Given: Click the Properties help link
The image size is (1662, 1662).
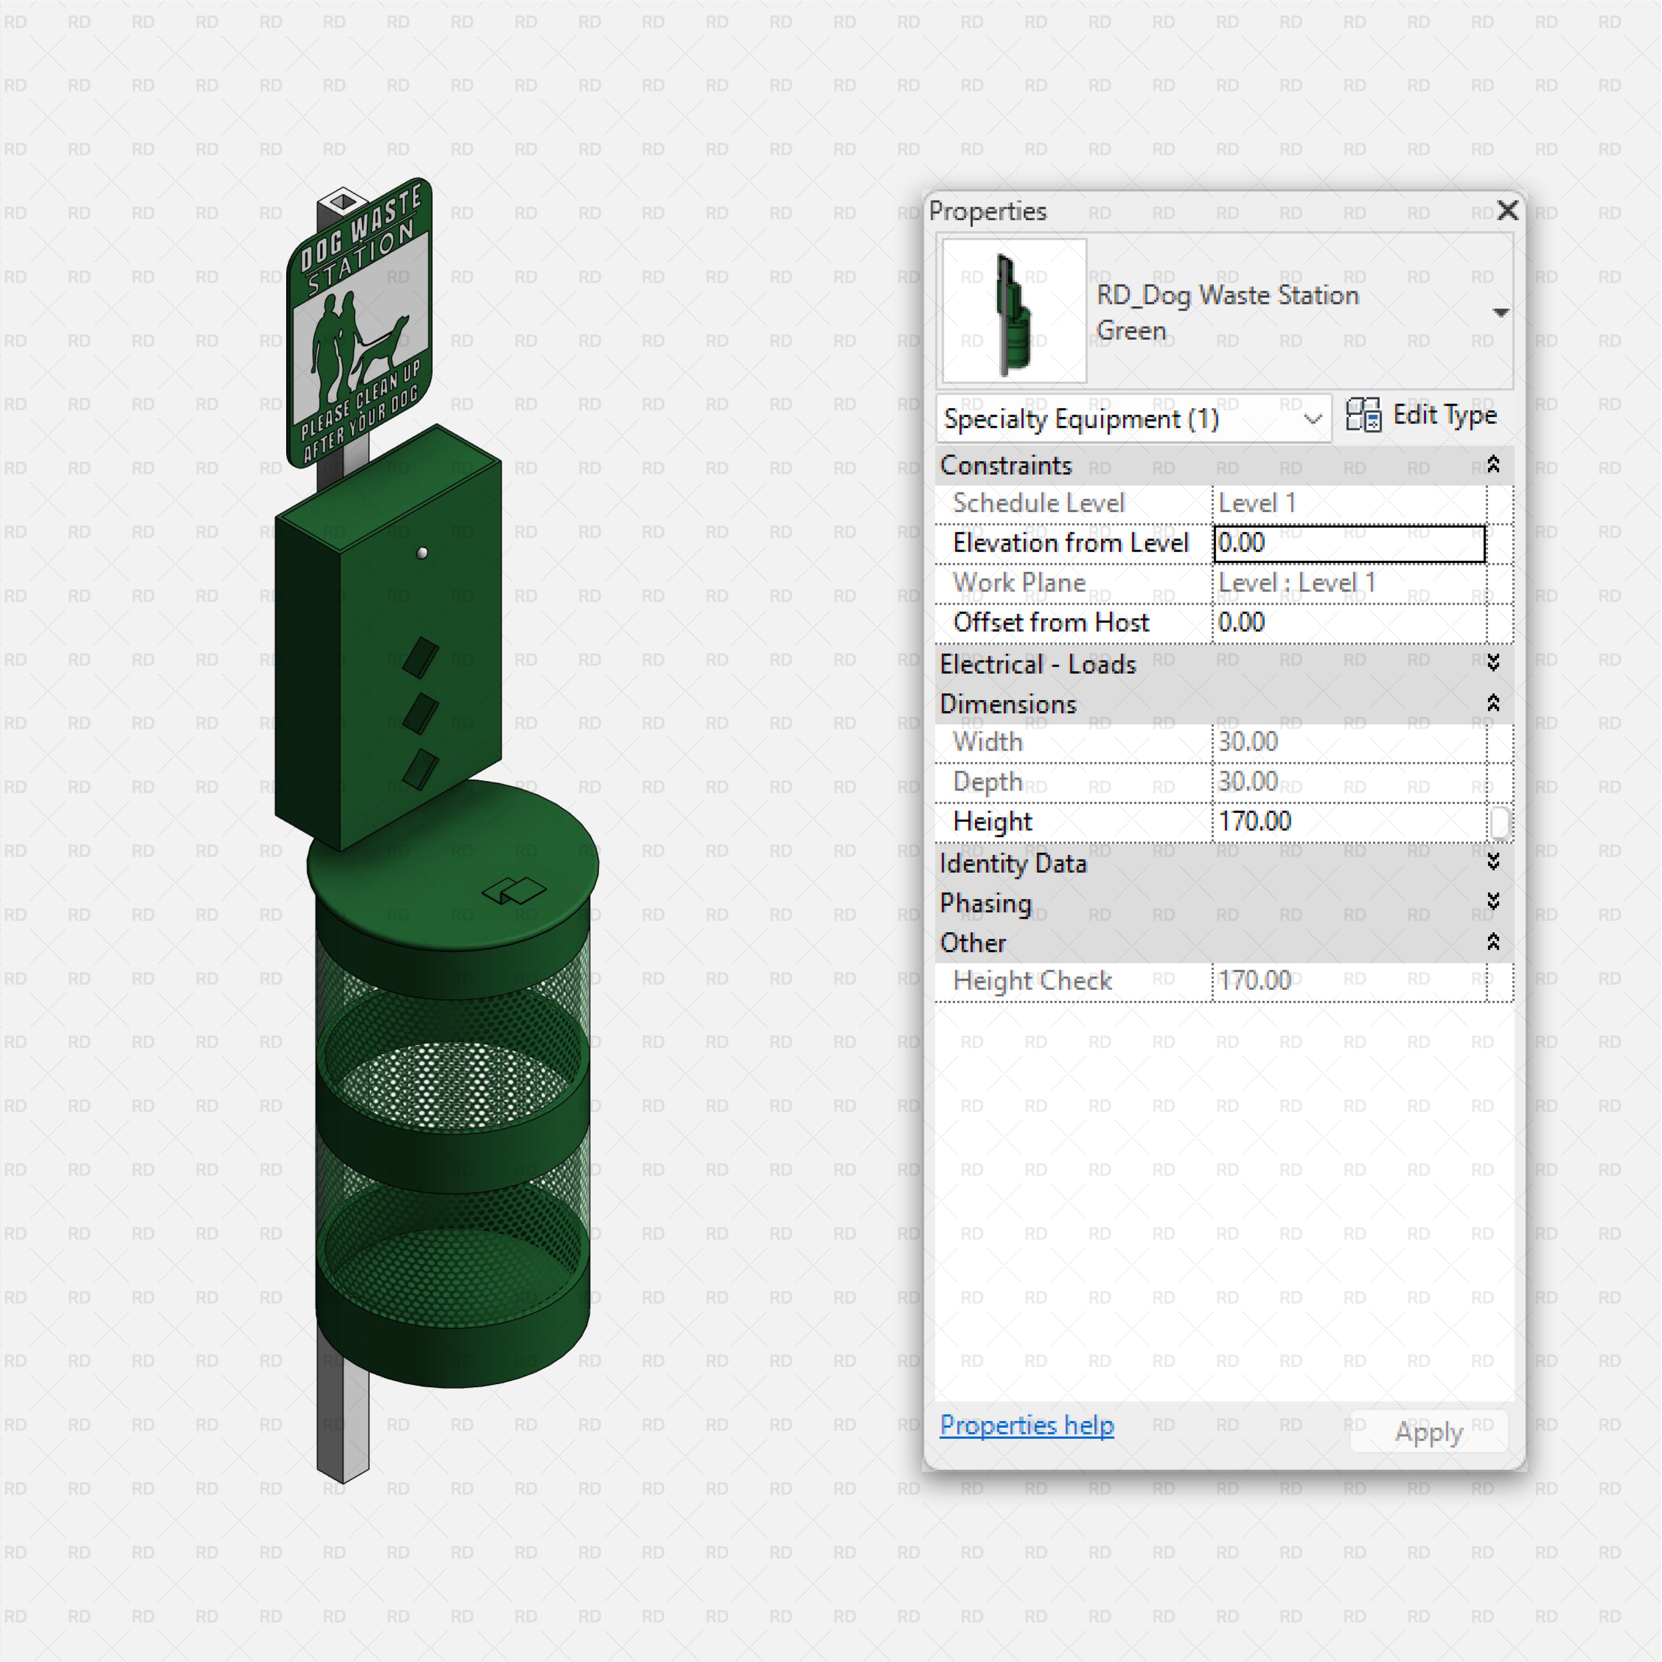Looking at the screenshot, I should [1026, 1426].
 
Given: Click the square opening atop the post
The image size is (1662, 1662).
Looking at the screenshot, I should [343, 202].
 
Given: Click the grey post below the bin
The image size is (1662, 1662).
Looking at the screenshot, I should [342, 1428].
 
